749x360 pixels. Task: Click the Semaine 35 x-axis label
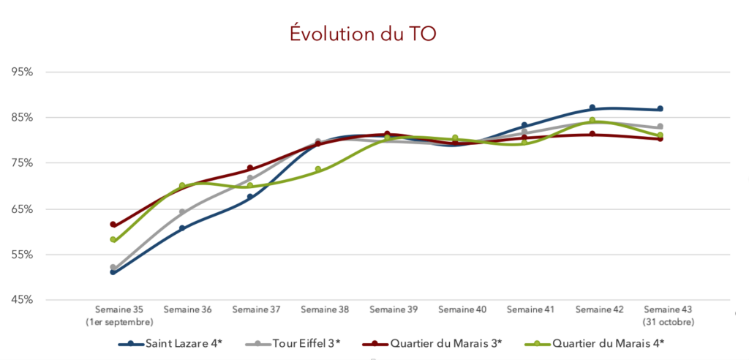click(x=118, y=310)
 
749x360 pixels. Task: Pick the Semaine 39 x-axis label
click(x=393, y=310)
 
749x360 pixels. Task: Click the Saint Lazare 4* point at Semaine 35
click(x=113, y=272)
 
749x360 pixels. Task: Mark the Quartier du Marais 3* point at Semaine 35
click(x=113, y=225)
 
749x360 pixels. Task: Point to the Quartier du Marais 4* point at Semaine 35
click(x=113, y=240)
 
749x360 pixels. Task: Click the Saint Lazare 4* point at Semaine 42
click(x=592, y=108)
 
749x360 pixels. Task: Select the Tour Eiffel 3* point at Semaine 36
click(x=182, y=212)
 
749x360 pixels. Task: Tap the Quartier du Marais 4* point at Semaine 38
click(x=318, y=170)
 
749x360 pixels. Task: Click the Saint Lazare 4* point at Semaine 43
click(x=660, y=109)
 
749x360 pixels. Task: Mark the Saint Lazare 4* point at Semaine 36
click(x=182, y=228)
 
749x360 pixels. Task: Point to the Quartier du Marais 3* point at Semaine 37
click(x=250, y=168)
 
